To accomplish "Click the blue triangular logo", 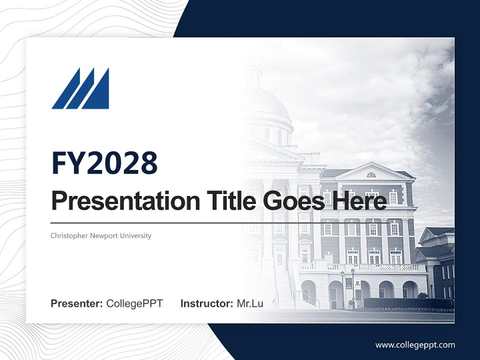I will (80, 89).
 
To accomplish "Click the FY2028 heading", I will (104, 162).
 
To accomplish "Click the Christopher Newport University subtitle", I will (100, 235).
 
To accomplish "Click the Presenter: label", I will (77, 303).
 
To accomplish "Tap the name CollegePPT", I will (134, 303).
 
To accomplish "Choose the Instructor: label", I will (206, 303).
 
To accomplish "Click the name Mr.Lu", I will (250, 303).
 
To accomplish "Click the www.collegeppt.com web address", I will (415, 344).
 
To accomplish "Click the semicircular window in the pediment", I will (371, 175).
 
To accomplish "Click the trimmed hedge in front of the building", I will (407, 303).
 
